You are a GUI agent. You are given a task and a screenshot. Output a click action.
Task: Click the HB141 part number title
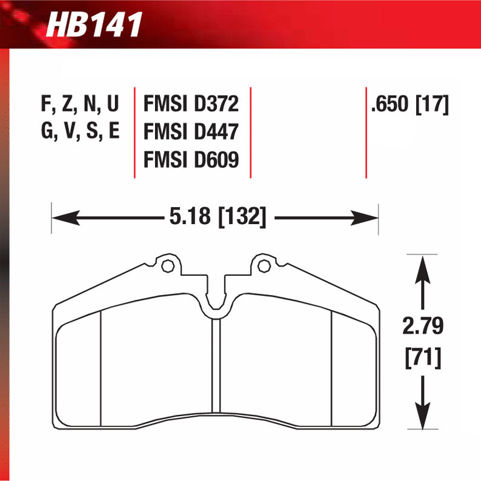[93, 25]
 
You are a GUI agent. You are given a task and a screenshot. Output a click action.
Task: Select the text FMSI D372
[191, 105]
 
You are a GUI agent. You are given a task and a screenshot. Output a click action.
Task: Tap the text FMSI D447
[191, 132]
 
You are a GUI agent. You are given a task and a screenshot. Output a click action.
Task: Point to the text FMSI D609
[191, 160]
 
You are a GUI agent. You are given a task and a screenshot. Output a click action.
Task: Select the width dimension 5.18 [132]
[214, 216]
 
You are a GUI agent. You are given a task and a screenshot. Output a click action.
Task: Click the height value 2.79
[423, 327]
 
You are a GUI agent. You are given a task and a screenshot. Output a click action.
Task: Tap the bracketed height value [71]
[423, 358]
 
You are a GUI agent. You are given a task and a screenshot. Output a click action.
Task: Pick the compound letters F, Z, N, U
[80, 105]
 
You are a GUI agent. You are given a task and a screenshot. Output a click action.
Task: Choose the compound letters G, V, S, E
[80, 132]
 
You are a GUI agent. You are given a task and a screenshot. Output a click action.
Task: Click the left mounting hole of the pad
[168, 265]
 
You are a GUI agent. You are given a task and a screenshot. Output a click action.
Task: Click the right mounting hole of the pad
[262, 265]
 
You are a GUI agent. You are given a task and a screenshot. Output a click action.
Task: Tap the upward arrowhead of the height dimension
[423, 267]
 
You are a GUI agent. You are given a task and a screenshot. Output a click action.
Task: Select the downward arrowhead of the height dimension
[423, 418]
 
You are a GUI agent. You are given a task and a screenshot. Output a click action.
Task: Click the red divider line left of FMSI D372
[134, 132]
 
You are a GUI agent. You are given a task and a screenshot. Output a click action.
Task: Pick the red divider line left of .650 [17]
[366, 132]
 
